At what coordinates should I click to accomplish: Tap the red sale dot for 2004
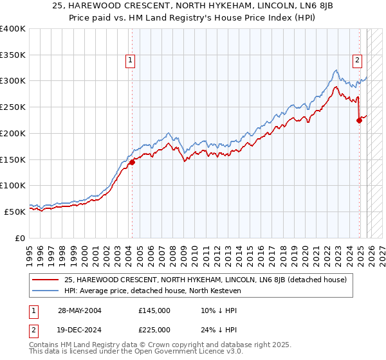(132, 162)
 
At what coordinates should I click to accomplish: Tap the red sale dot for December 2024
(360, 120)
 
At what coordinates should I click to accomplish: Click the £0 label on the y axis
(20, 238)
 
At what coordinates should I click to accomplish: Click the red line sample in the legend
(46, 280)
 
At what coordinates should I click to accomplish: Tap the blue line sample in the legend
(46, 291)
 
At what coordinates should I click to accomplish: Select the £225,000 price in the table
(154, 330)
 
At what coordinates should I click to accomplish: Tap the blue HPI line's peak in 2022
(336, 69)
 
